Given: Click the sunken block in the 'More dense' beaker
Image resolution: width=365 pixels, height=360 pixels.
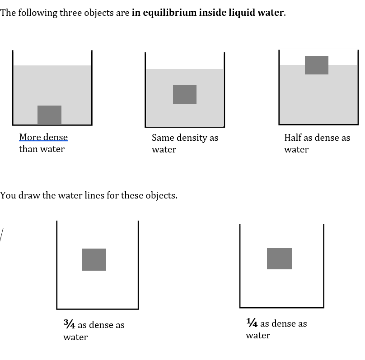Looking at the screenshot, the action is click(x=49, y=115).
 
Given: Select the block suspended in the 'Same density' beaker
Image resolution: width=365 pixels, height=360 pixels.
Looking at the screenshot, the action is click(x=185, y=94).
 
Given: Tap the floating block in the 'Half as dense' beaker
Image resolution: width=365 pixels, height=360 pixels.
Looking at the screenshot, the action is click(x=317, y=65).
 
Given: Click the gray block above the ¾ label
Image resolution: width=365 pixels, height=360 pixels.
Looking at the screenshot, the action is click(x=94, y=259).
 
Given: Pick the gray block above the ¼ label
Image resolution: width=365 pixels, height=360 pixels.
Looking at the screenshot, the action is click(x=279, y=258).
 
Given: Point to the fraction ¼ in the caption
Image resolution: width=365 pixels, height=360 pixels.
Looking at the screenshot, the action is click(x=252, y=323).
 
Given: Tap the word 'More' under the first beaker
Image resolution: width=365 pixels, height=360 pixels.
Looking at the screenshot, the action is click(x=29, y=137).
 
